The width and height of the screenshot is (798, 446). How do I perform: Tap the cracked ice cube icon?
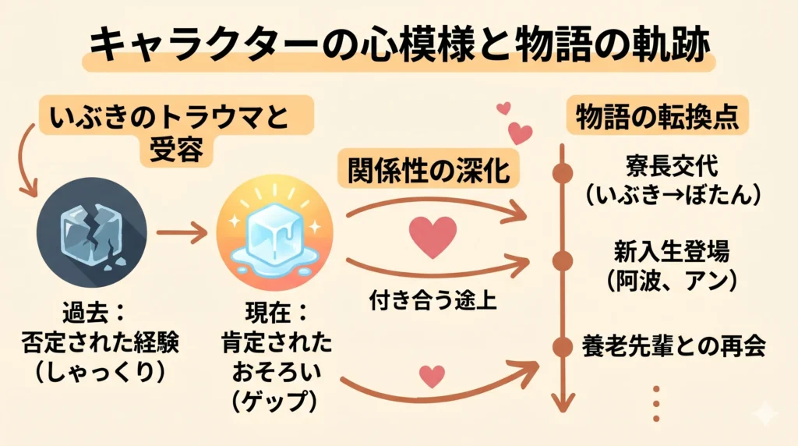[x=91, y=232]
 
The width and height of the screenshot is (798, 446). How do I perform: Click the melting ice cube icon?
[x=274, y=232]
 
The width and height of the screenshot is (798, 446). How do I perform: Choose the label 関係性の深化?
[x=429, y=169]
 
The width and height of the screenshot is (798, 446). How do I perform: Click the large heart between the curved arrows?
[x=433, y=236]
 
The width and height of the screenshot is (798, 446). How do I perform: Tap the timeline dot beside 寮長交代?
[x=562, y=173]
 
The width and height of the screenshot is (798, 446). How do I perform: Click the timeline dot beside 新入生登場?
[x=562, y=259]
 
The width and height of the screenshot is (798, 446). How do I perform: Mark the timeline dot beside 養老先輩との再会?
[x=562, y=345]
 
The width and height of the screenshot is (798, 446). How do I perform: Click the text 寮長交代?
[x=671, y=166]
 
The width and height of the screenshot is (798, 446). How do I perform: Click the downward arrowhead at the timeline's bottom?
[x=562, y=402]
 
